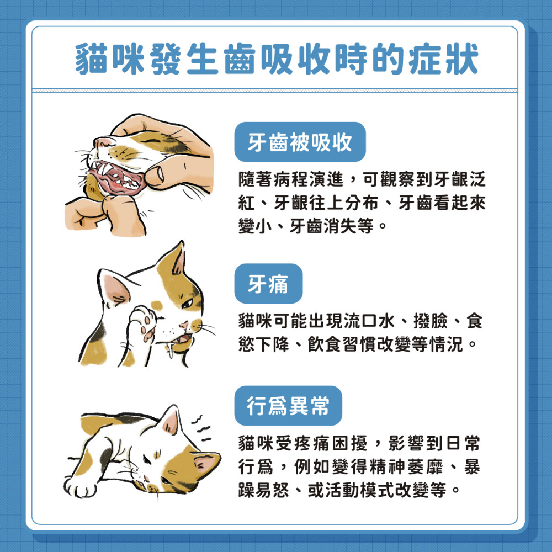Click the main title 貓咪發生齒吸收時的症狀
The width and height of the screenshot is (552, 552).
coord(277,59)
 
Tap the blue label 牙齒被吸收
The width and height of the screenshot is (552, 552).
coord(300,142)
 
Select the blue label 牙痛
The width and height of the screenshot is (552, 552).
coord(268,283)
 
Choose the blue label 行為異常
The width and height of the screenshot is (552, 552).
coord(288,406)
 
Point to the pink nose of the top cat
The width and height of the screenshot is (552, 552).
coord(102,142)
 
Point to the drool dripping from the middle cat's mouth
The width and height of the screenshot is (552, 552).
coord(171,348)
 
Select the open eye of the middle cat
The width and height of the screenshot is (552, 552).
coord(187,302)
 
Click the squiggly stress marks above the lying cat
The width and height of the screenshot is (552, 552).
coord(201,428)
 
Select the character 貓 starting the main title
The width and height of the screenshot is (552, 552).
coord(91,59)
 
